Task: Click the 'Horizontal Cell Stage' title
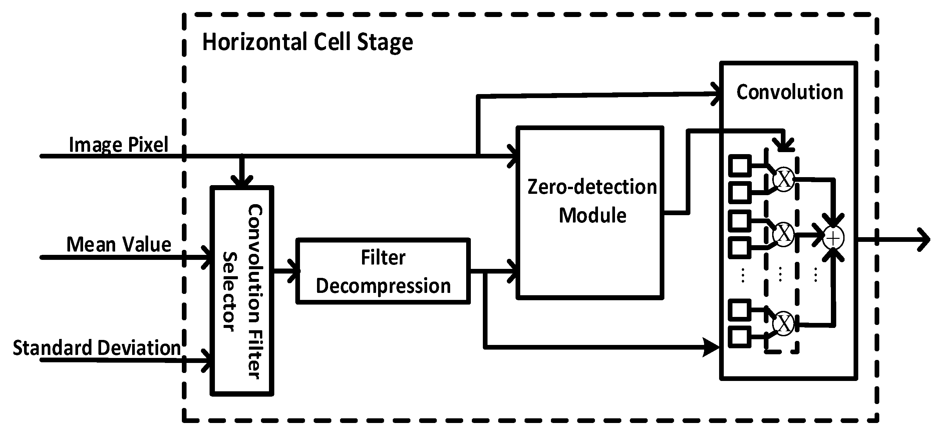307,42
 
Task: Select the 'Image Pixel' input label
118,145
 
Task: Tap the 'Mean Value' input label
118,244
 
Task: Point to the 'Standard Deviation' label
96,348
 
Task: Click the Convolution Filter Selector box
242,291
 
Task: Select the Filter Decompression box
383,271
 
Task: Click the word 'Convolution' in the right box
790,92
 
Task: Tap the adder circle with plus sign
833,238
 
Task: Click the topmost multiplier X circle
783,179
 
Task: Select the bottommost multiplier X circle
783,323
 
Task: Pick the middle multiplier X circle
783,233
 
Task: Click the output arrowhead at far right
924,240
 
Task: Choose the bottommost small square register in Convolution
739,337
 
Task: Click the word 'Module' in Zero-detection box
592,215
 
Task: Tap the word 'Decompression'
383,286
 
